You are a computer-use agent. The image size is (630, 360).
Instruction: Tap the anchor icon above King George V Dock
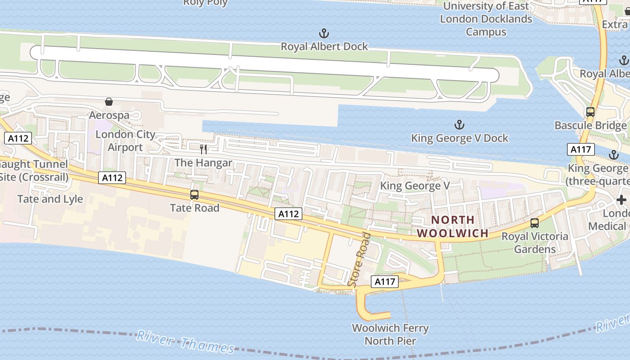[x=459, y=125]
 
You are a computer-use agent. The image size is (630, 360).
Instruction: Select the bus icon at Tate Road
[x=194, y=195]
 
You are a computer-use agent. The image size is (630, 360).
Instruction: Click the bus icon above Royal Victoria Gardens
[x=535, y=223]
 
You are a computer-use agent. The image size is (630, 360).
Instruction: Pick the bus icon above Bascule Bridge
[x=590, y=112]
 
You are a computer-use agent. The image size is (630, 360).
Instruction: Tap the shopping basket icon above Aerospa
[x=109, y=102]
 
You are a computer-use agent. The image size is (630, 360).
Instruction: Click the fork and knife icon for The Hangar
[x=203, y=149]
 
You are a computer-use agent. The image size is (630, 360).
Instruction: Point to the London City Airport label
[x=125, y=141]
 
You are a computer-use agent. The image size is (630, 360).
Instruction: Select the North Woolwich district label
[x=452, y=226]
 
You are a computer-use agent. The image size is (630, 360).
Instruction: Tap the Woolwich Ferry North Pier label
[x=390, y=334]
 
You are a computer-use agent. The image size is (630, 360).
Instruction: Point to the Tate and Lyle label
[x=50, y=199]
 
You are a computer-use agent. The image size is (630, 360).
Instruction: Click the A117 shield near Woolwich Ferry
[x=385, y=282]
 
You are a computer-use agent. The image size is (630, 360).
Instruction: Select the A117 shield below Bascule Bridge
[x=581, y=149]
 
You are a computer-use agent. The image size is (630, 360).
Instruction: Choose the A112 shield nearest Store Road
[x=288, y=214]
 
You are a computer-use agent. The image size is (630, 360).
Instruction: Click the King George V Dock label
[x=459, y=138]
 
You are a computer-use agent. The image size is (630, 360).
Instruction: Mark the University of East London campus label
[x=486, y=19]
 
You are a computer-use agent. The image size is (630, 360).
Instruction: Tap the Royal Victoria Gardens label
[x=535, y=243]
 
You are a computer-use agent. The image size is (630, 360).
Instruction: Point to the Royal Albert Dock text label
[x=324, y=46]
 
